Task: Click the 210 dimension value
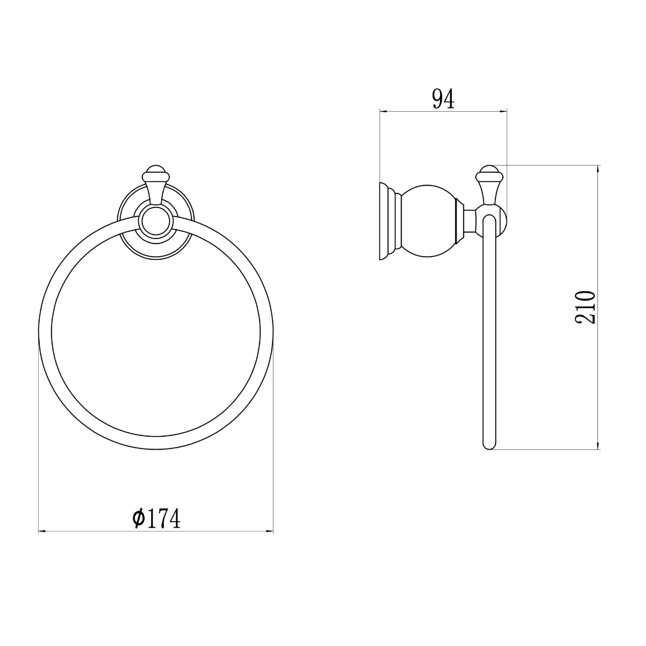(586, 307)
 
